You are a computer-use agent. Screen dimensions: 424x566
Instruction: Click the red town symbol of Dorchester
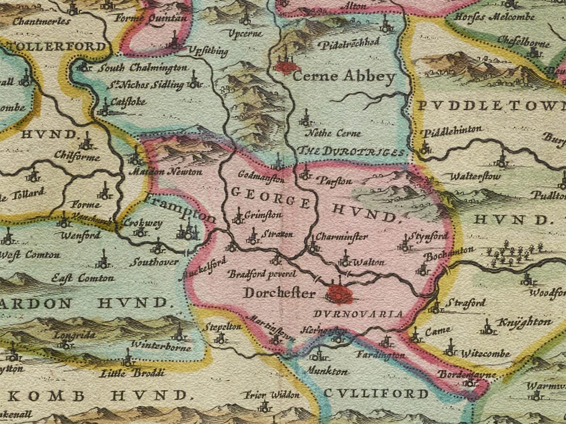click(x=340, y=294)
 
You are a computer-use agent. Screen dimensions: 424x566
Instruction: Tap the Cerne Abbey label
click(x=344, y=77)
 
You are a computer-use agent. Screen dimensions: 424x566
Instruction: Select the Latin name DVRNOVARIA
click(x=358, y=314)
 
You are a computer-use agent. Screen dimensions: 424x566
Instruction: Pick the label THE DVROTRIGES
click(x=351, y=152)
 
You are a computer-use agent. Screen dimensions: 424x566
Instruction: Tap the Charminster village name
click(x=341, y=236)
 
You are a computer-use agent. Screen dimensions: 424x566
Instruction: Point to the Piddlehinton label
click(x=452, y=131)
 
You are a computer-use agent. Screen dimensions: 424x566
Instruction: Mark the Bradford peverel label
click(x=262, y=274)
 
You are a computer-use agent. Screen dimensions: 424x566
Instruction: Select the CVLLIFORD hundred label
click(x=376, y=393)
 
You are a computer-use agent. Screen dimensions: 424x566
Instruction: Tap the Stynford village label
click(x=428, y=235)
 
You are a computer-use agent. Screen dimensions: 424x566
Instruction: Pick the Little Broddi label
click(x=133, y=373)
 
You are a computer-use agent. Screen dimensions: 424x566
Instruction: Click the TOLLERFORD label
click(x=55, y=46)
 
